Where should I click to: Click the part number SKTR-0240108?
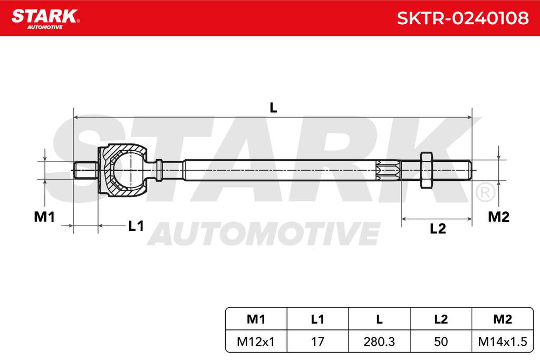coord(462,18)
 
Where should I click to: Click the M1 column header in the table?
coord(256,319)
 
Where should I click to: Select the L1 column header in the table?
coord(317,319)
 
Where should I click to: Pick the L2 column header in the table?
coord(441,319)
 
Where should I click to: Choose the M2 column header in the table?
coord(503,319)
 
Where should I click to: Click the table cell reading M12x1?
coord(256,342)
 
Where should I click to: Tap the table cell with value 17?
coord(317,342)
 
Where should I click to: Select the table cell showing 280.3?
coord(379,342)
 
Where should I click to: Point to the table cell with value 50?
coord(441,342)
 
